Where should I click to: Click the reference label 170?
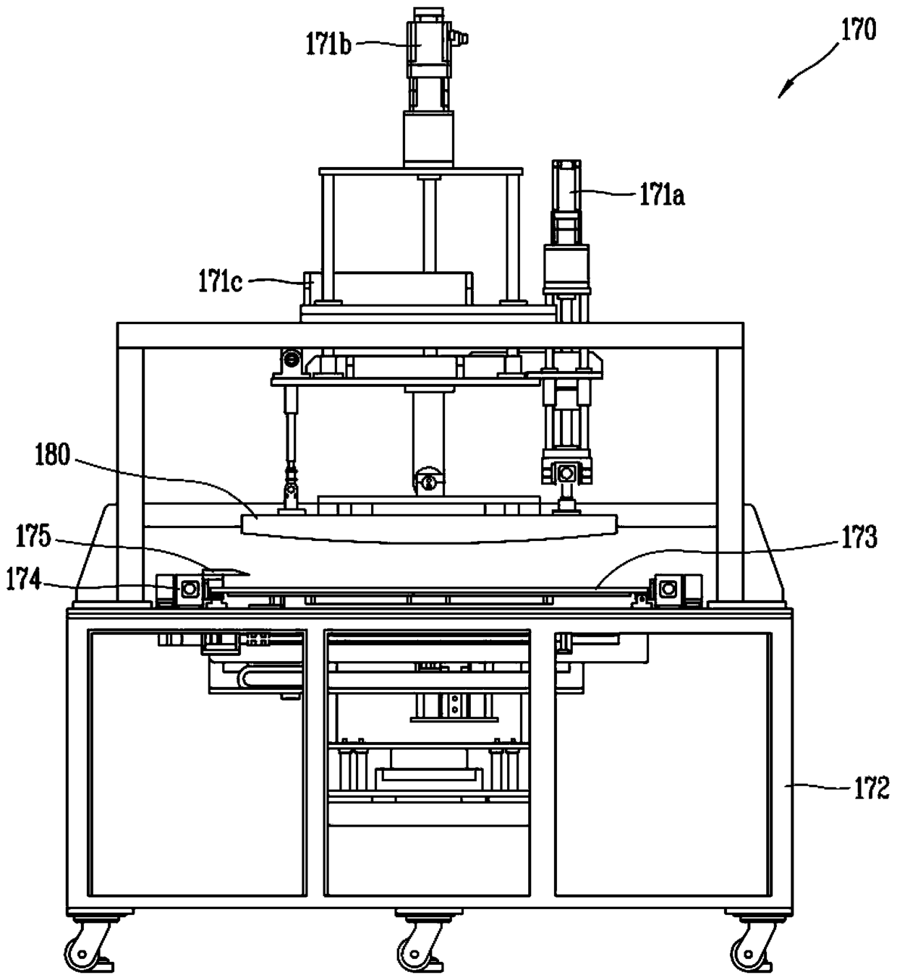click(x=858, y=31)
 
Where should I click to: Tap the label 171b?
click(x=328, y=45)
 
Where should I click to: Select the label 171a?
click(x=663, y=195)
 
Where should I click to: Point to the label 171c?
click(x=220, y=282)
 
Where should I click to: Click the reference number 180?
click(x=53, y=455)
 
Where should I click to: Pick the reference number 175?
click(x=33, y=536)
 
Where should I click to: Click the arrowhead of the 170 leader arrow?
click(x=783, y=93)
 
